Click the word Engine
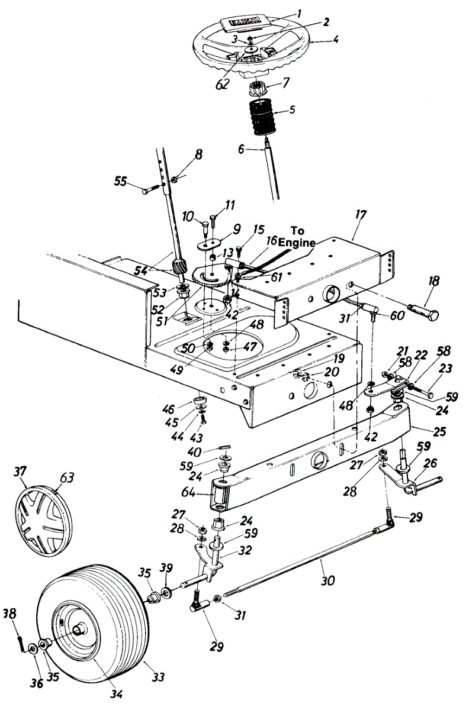[303, 242]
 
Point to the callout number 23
[445, 368]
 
